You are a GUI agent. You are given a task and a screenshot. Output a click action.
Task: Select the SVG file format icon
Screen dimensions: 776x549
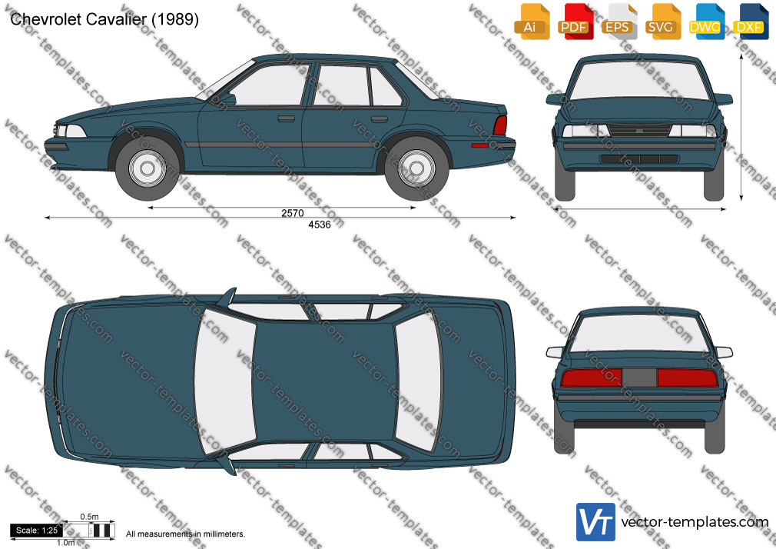pyautogui.click(x=664, y=22)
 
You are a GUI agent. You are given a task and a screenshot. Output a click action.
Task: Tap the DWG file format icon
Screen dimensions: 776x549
pyautogui.click(x=707, y=22)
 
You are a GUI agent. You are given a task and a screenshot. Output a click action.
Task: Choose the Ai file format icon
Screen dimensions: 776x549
pyautogui.click(x=532, y=22)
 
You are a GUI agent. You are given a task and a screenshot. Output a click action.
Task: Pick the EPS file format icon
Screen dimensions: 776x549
pyautogui.click(x=619, y=22)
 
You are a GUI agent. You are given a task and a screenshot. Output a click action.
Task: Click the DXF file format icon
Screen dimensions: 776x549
pyautogui.click(x=751, y=22)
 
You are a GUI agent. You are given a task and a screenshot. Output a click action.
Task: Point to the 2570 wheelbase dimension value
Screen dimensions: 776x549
pyautogui.click(x=293, y=213)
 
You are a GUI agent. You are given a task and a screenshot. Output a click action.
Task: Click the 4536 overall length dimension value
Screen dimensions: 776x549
pyautogui.click(x=319, y=225)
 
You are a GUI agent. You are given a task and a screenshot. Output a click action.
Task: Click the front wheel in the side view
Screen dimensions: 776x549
pyautogui.click(x=147, y=168)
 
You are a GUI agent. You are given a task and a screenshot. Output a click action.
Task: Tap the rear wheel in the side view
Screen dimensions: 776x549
pyautogui.click(x=416, y=168)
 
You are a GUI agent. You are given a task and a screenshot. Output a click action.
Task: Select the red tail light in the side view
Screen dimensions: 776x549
pyautogui.click(x=500, y=125)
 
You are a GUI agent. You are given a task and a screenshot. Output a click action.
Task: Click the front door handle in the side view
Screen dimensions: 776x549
pyautogui.click(x=286, y=119)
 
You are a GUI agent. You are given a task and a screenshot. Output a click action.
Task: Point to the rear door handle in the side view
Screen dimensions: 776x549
pyautogui.click(x=380, y=119)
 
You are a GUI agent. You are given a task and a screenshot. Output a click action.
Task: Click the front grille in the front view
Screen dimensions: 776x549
pyautogui.click(x=639, y=130)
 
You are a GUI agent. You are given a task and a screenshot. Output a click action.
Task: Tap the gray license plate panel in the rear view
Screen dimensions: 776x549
pyautogui.click(x=639, y=378)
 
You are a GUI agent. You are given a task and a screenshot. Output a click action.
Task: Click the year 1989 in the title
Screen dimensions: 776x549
pyautogui.click(x=175, y=19)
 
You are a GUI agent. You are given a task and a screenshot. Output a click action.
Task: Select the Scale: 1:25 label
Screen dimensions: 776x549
pyautogui.click(x=37, y=531)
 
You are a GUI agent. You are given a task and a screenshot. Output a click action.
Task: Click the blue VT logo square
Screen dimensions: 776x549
pyautogui.click(x=595, y=522)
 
